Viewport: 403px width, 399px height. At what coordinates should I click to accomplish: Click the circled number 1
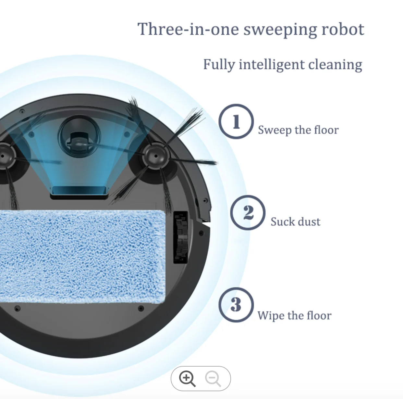pos(236,122)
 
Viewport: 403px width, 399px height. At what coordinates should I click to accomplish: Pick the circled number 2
pos(248,213)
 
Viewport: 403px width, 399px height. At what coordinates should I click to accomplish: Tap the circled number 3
pos(236,305)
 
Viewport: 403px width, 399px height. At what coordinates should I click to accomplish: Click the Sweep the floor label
pos(298,130)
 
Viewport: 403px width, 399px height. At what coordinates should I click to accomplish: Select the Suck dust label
pos(295,222)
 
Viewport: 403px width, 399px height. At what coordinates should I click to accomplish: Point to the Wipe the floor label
pos(294,315)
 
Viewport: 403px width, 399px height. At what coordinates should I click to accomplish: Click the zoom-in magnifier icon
pos(188,379)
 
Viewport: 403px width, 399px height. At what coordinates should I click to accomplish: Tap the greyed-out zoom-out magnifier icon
pos(213,379)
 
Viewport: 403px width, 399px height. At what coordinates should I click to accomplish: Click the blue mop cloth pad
pos(81,256)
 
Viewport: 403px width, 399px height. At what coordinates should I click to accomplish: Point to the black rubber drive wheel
pos(181,237)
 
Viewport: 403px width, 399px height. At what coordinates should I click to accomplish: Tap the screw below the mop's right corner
pos(141,308)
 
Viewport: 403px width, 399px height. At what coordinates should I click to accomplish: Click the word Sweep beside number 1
pos(275,130)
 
